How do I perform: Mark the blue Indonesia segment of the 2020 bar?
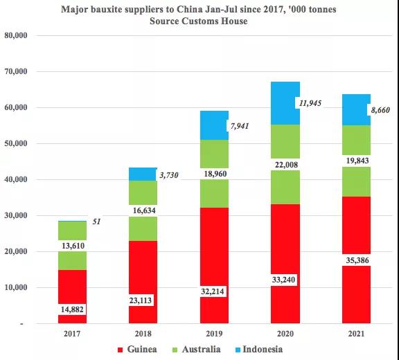[285, 103]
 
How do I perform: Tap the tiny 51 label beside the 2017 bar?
[98, 222]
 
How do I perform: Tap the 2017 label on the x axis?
[72, 332]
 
